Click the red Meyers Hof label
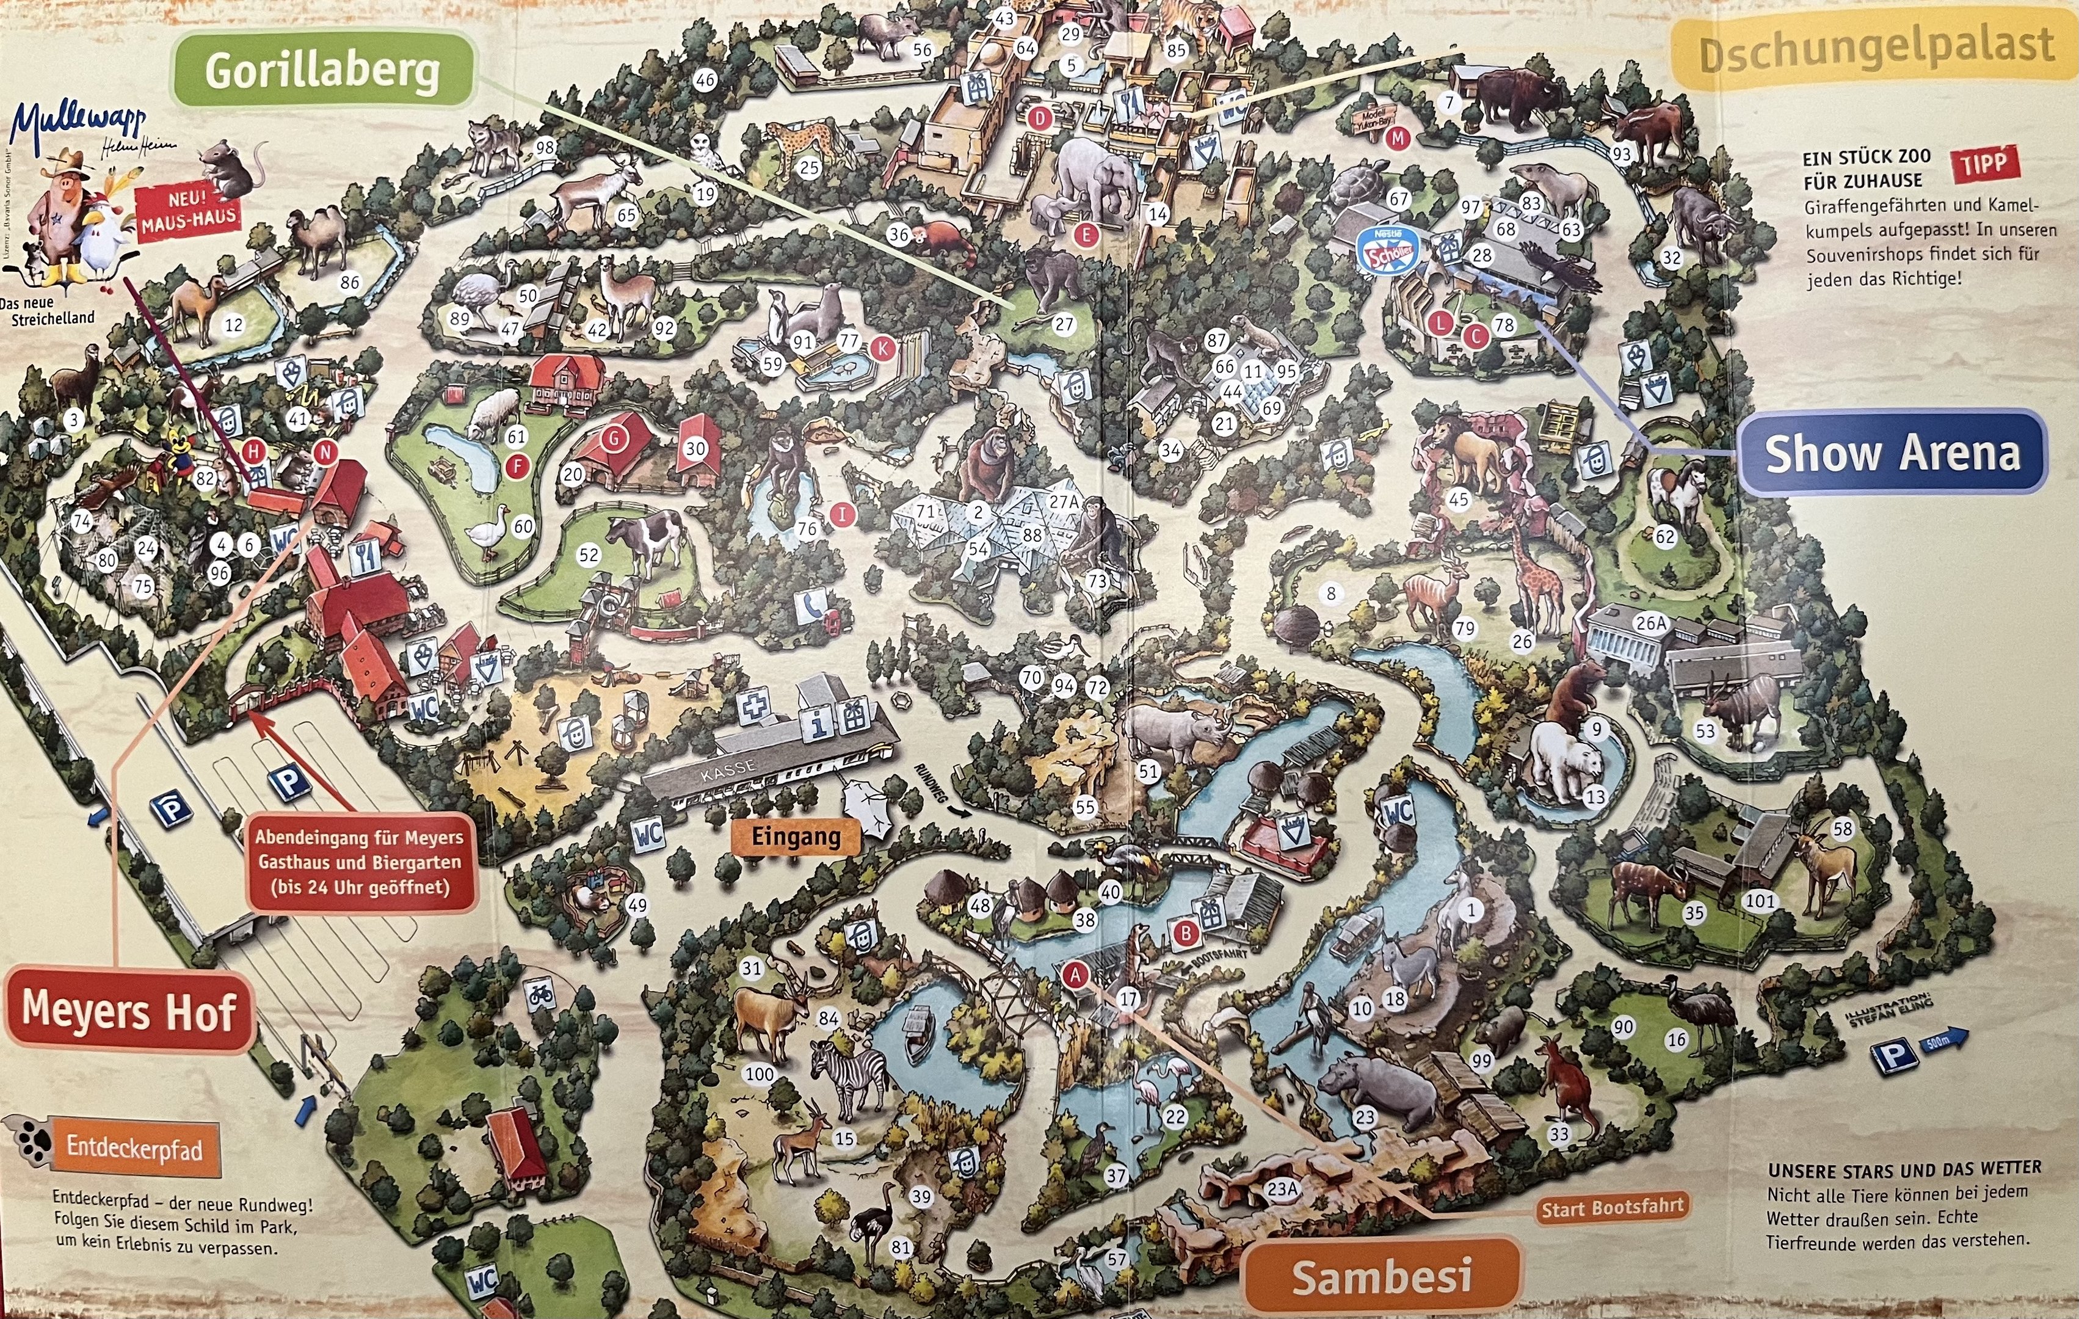[129, 1009]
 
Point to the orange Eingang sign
[795, 835]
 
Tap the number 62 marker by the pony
[1664, 537]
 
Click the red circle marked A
[1075, 975]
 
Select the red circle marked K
[882, 349]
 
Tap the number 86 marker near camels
[349, 282]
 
